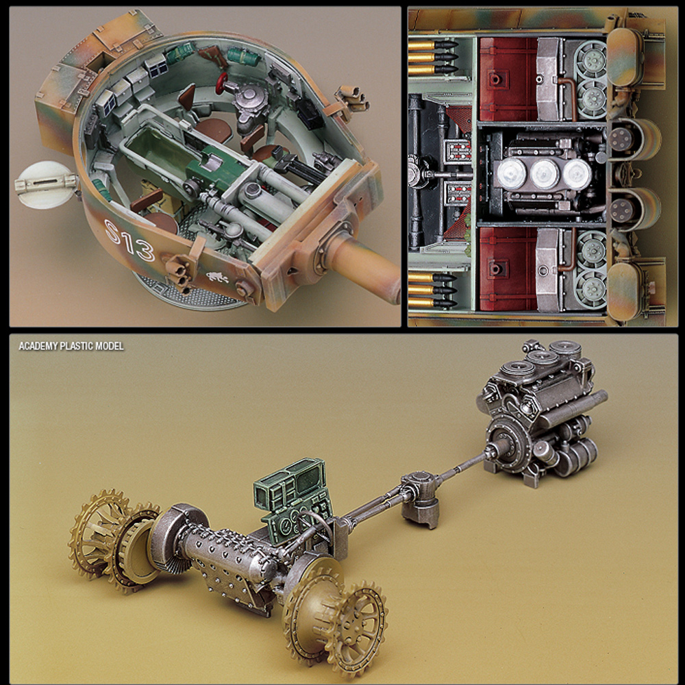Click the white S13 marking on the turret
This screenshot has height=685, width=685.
coord(129,240)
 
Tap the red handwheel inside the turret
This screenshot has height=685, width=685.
coord(222,83)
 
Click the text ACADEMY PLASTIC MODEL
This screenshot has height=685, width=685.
coord(71,346)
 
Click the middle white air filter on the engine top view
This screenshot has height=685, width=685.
coord(545,173)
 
